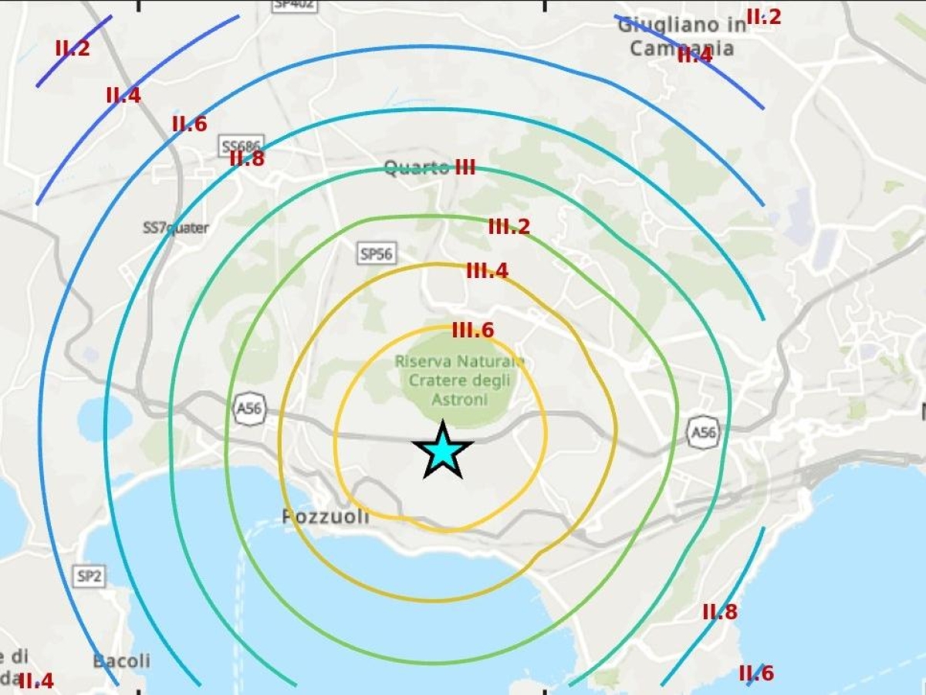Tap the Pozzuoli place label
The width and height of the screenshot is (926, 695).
(325, 517)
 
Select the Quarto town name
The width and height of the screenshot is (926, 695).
(417, 168)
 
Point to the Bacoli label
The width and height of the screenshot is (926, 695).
(121, 661)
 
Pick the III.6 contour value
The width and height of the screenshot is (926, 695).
(472, 331)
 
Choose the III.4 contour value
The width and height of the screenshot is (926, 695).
(487, 271)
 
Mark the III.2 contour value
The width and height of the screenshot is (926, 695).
(509, 227)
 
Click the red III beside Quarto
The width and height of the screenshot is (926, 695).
(465, 168)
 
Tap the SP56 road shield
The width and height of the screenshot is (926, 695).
(377, 253)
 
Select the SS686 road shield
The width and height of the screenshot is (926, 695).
(242, 145)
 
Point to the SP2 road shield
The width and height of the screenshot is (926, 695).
(90, 575)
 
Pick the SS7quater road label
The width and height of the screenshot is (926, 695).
(176, 228)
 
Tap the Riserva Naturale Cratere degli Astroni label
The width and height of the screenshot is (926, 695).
(459, 380)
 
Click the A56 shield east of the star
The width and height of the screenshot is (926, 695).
(703, 432)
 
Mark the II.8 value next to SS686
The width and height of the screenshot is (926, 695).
(247, 159)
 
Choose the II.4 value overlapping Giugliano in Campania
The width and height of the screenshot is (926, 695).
(694, 55)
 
